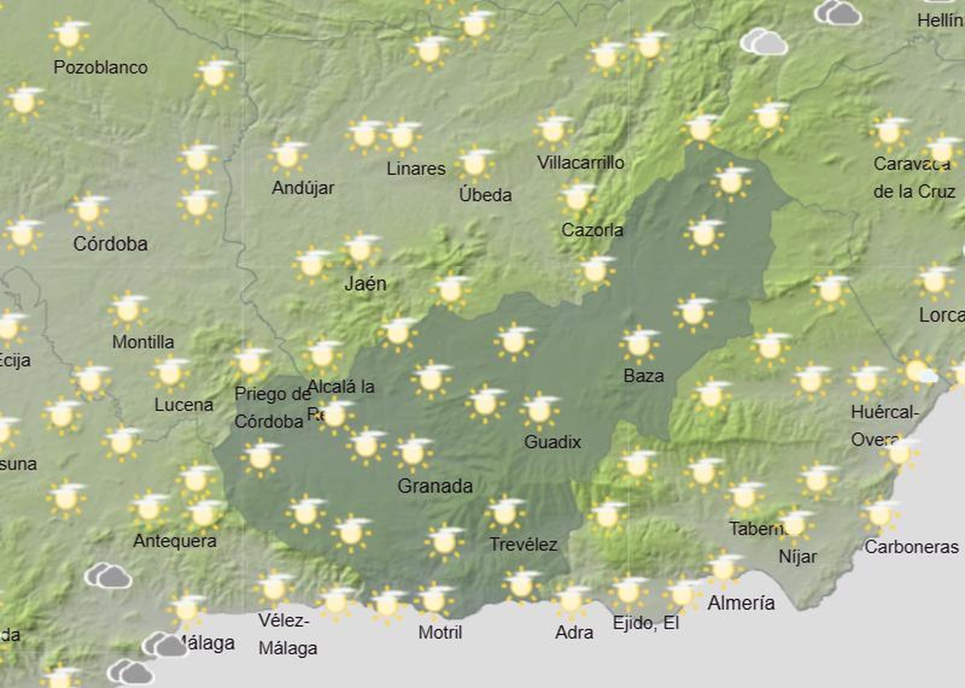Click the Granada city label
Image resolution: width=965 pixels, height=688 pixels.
pos(435,486)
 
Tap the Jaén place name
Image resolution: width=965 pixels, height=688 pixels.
pos(365,283)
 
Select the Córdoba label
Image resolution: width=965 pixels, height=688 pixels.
pos(110,243)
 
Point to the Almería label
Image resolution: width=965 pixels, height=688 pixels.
pos(741,602)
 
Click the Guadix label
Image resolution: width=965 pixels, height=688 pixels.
pos(552,442)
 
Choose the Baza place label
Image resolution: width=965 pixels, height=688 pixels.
pos(644,376)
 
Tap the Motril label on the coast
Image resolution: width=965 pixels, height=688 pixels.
pos(440,632)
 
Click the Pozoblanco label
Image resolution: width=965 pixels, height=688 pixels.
pos(101,67)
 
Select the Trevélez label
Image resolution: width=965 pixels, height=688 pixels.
pos(523,545)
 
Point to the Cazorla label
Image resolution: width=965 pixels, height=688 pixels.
pos(592,230)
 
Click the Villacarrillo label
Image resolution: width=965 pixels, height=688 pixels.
pos(581,162)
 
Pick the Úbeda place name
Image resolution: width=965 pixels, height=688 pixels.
pos(486,194)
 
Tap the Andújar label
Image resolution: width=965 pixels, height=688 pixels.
pos(303,188)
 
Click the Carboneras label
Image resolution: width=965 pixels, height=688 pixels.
pos(911,547)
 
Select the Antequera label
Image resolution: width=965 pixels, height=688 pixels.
pos(175,540)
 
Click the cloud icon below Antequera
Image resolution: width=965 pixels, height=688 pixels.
pos(109,576)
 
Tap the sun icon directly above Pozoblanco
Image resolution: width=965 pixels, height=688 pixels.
pos(69,35)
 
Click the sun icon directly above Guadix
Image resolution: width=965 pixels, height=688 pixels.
pos(539,410)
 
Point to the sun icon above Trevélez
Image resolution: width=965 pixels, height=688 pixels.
pos(505,512)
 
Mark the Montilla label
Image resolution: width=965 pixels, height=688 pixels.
pos(143,342)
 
